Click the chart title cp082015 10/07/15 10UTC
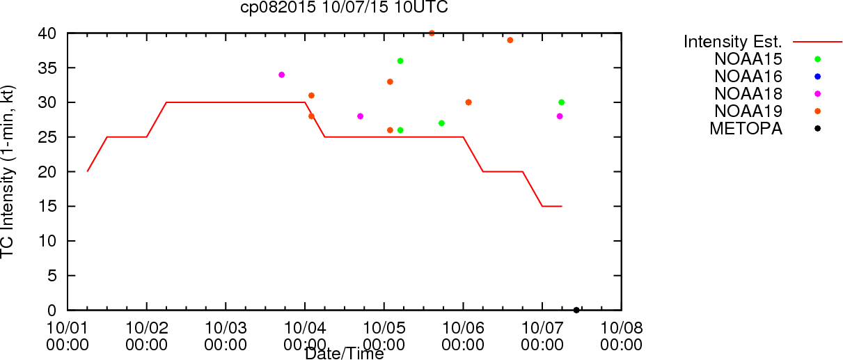[344, 7]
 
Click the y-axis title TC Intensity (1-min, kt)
[8, 172]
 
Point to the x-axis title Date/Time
[345, 354]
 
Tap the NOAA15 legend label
[748, 59]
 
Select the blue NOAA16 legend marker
[817, 77]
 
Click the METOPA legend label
[746, 129]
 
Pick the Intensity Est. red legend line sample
[817, 42]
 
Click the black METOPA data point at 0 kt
[576, 311]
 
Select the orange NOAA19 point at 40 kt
[432, 33]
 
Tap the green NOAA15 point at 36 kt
[400, 61]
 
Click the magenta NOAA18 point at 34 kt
[281, 75]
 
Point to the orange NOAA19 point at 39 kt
[510, 40]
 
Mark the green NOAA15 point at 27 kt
[441, 123]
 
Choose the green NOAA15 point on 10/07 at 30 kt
[562, 102]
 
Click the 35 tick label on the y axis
[47, 68]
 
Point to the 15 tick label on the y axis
[47, 206]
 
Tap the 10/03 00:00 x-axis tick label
[226, 336]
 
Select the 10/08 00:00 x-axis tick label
[622, 336]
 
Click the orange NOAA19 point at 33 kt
[390, 81]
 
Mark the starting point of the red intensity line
[87, 171]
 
